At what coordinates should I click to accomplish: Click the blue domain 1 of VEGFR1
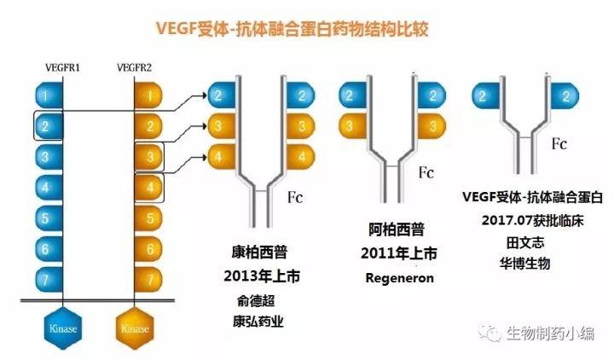click(49, 95)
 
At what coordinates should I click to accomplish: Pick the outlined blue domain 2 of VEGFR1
click(49, 126)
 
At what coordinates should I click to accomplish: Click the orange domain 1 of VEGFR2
click(150, 95)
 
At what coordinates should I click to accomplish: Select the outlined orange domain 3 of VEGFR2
click(150, 157)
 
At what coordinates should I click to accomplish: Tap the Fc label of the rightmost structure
click(559, 144)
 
